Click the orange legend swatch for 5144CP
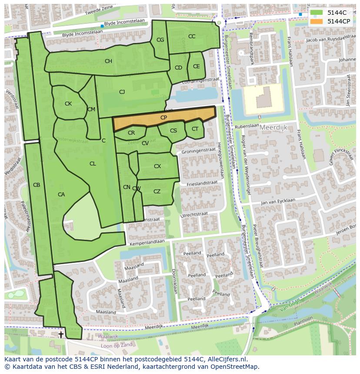(317, 21)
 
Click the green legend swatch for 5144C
(317, 13)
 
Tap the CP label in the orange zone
(163, 118)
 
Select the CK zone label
(68, 104)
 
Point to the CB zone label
(37, 185)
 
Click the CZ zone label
(157, 192)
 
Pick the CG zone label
(160, 40)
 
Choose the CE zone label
(196, 66)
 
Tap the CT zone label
(195, 129)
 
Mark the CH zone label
(108, 61)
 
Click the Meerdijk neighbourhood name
(274, 128)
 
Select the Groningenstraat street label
(199, 151)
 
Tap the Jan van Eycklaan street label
(278, 202)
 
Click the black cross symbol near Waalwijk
(61, 334)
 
